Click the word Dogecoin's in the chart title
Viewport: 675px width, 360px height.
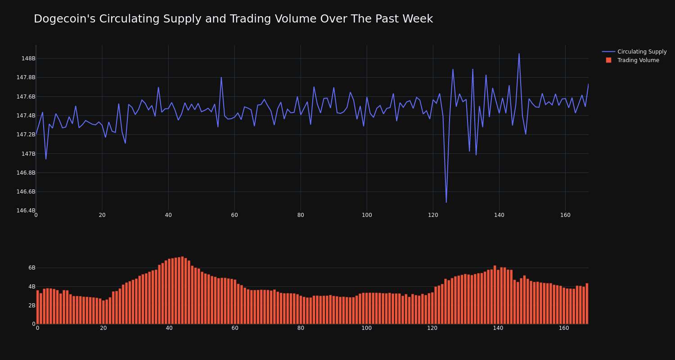click(60, 19)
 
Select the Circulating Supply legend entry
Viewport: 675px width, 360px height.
click(642, 52)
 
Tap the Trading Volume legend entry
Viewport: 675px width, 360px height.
click(638, 60)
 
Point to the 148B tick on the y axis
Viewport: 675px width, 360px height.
click(28, 58)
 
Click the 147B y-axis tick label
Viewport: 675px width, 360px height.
click(28, 154)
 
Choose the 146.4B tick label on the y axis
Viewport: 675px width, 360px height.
click(26, 211)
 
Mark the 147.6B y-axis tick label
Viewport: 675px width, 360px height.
click(26, 97)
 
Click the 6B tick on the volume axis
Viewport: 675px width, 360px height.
click(31, 268)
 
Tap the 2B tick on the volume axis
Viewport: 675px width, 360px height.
click(31, 306)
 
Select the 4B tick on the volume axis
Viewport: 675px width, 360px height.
click(31, 287)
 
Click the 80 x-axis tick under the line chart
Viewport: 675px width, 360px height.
click(301, 215)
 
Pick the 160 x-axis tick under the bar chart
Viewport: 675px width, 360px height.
click(564, 328)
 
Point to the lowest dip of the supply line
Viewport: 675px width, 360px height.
click(446, 202)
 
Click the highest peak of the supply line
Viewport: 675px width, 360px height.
click(519, 54)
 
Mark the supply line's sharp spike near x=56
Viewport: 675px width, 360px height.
click(221, 77)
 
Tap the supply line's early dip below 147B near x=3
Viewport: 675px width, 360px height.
click(46, 158)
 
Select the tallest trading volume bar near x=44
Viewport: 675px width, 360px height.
click(182, 290)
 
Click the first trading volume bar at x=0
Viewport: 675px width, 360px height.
click(38, 307)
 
